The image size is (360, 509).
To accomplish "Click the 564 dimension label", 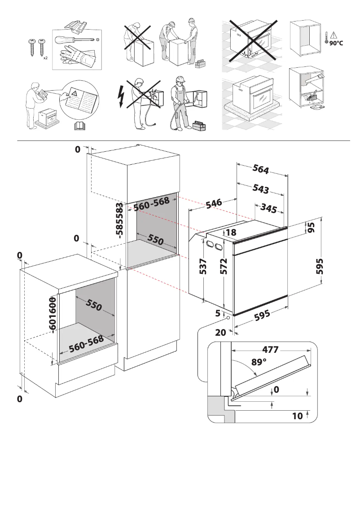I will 261,169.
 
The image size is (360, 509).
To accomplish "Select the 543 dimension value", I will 261,189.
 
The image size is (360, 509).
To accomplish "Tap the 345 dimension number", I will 268,209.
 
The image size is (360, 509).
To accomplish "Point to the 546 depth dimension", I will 214,203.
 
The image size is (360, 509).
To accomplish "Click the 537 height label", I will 203,267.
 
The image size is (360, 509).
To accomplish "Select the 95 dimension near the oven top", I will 311,227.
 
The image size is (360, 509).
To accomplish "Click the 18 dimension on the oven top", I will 231,233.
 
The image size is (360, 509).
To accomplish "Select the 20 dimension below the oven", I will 220,333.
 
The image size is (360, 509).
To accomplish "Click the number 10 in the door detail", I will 297,416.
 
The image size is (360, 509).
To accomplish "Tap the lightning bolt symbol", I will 120,96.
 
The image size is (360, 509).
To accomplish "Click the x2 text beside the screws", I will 45,58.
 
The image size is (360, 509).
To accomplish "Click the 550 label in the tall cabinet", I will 155,240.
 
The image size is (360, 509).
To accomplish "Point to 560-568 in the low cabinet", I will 87,344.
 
